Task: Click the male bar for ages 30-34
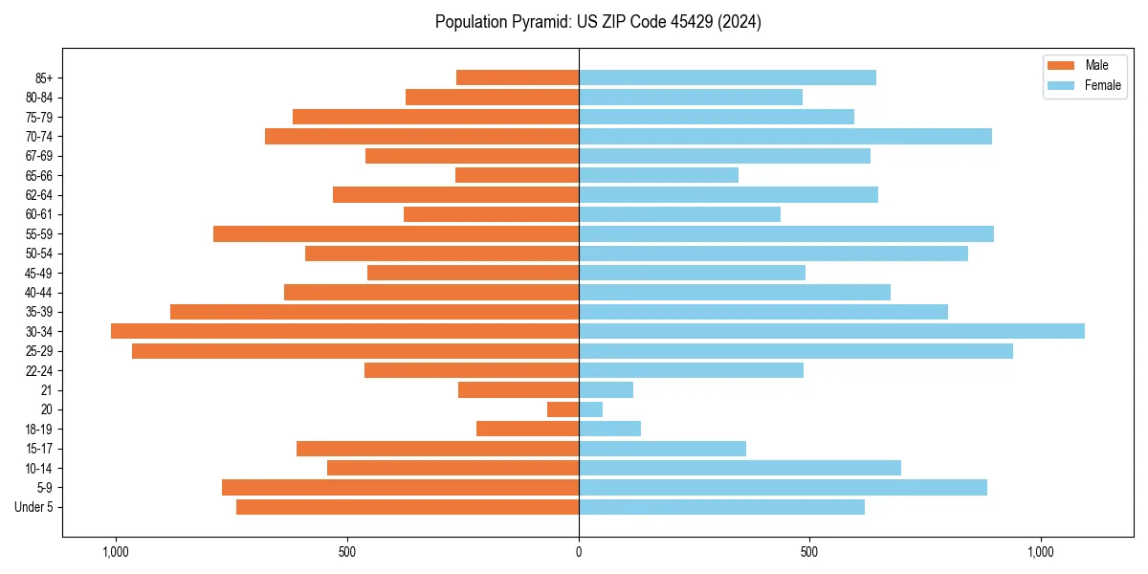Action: tap(344, 331)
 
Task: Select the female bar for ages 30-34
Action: tap(831, 331)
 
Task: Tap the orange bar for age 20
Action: tap(563, 409)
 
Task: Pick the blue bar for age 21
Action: tap(606, 389)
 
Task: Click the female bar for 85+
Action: tap(727, 77)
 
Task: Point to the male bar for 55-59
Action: tap(396, 233)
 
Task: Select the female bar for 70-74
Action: tap(784, 136)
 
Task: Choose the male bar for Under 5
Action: tap(408, 507)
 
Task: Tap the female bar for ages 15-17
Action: tap(662, 449)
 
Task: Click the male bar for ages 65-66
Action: tap(517, 175)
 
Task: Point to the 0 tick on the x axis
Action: tap(579, 552)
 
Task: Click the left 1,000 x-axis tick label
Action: tap(115, 552)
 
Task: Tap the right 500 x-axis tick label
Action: tap(809, 552)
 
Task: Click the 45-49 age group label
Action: tap(39, 273)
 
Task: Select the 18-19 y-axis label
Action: tap(39, 429)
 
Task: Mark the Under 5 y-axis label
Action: tap(34, 507)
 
